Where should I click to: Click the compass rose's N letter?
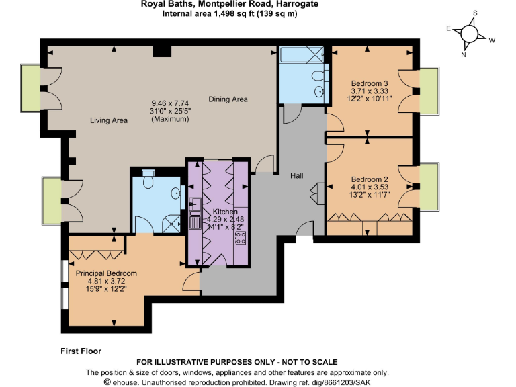tap(463, 55)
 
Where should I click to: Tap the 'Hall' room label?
tap(296, 175)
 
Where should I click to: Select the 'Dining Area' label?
tap(228, 99)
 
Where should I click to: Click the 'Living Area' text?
tap(109, 121)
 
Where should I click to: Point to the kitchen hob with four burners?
tap(241, 237)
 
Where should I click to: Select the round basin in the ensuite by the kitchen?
tap(176, 193)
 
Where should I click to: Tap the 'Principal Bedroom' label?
tap(106, 273)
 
